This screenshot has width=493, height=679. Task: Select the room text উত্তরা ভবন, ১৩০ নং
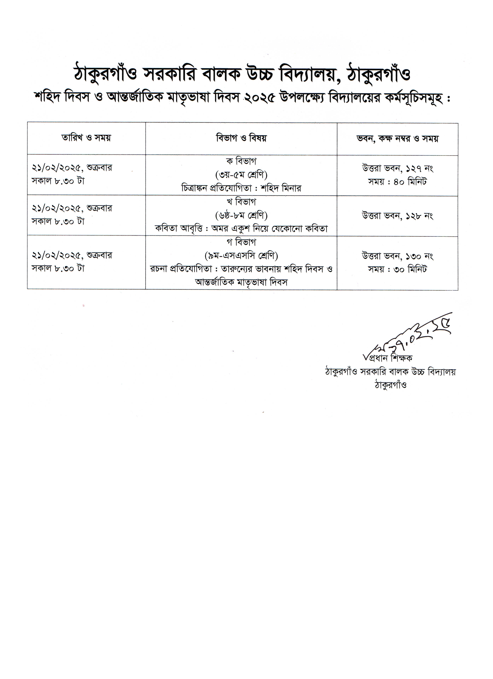(x=397, y=256)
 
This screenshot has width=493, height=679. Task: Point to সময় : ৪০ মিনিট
(x=397, y=182)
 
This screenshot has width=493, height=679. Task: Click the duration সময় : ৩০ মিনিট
(x=397, y=269)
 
